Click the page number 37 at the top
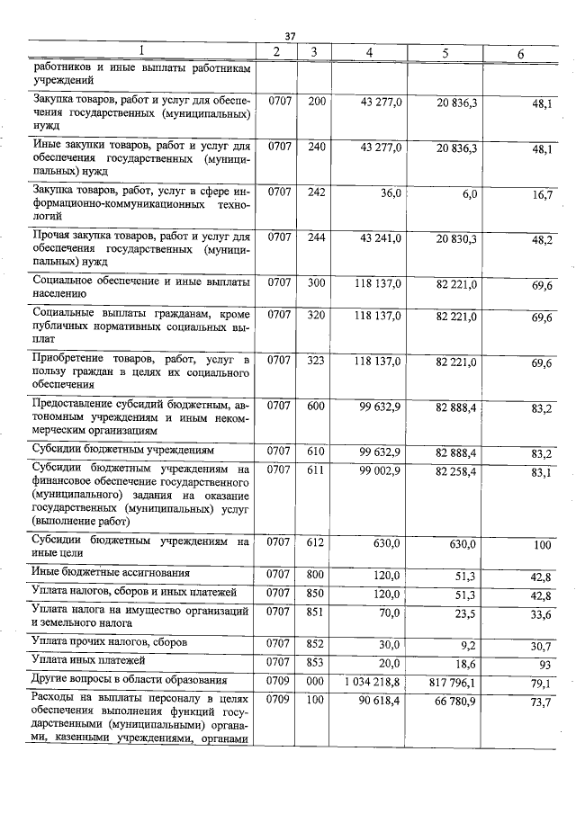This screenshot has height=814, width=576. (290, 35)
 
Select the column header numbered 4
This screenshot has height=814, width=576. (369, 52)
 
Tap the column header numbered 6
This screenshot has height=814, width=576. (520, 54)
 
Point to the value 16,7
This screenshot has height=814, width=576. (541, 195)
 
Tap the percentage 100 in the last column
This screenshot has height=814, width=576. (543, 545)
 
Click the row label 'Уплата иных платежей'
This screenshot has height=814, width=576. (83, 661)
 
